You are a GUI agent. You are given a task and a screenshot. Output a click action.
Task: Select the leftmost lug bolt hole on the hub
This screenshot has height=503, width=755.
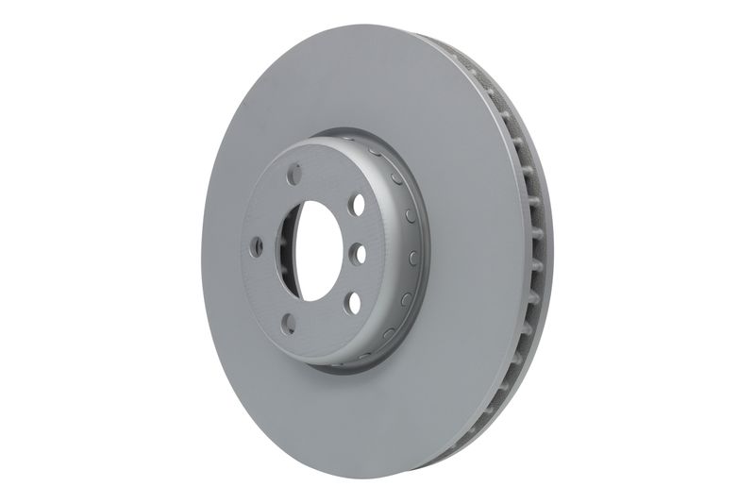pyautogui.click(x=257, y=247)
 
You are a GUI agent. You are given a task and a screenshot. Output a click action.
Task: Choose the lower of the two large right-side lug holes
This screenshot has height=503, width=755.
pyautogui.click(x=351, y=301)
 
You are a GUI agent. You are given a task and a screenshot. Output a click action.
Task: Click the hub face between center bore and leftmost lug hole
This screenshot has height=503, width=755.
pyautogui.click(x=274, y=247)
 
